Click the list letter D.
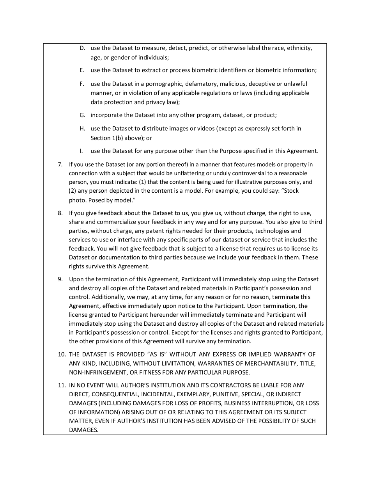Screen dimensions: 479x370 [x=82, y=48]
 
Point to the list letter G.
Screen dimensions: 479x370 [x=82, y=115]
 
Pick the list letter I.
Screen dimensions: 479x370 [x=81, y=151]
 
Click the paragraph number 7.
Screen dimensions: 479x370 [x=60, y=165]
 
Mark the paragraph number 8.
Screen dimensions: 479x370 [x=60, y=213]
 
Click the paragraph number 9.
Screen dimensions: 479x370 [x=60, y=279]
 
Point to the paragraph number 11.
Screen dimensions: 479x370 [x=62, y=385]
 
